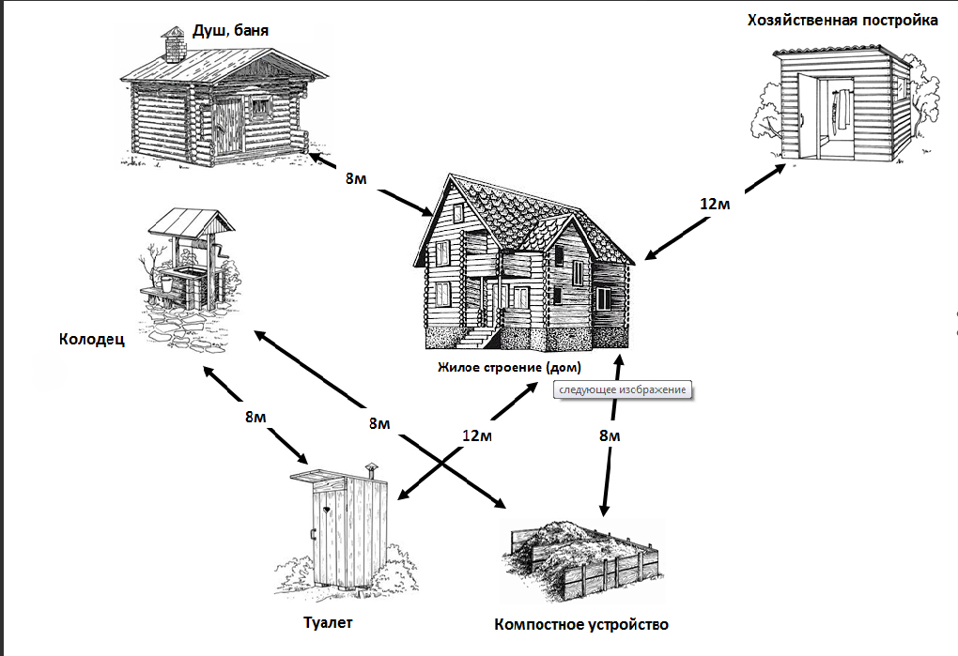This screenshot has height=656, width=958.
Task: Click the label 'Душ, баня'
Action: pyautogui.click(x=230, y=30)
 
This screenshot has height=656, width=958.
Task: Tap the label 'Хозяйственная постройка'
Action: pyautogui.click(x=842, y=20)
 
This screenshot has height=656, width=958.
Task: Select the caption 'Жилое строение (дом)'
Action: pyautogui.click(x=509, y=366)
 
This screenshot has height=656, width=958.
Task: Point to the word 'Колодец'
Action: pyautogui.click(x=90, y=339)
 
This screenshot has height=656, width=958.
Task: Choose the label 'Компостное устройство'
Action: pyautogui.click(x=581, y=624)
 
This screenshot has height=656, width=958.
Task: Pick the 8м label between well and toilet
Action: pyautogui.click(x=255, y=417)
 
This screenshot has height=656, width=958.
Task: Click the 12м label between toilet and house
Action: pyautogui.click(x=477, y=435)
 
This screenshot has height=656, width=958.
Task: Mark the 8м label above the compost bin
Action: pyautogui.click(x=610, y=435)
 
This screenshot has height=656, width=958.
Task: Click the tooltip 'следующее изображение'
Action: pyautogui.click(x=623, y=389)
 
